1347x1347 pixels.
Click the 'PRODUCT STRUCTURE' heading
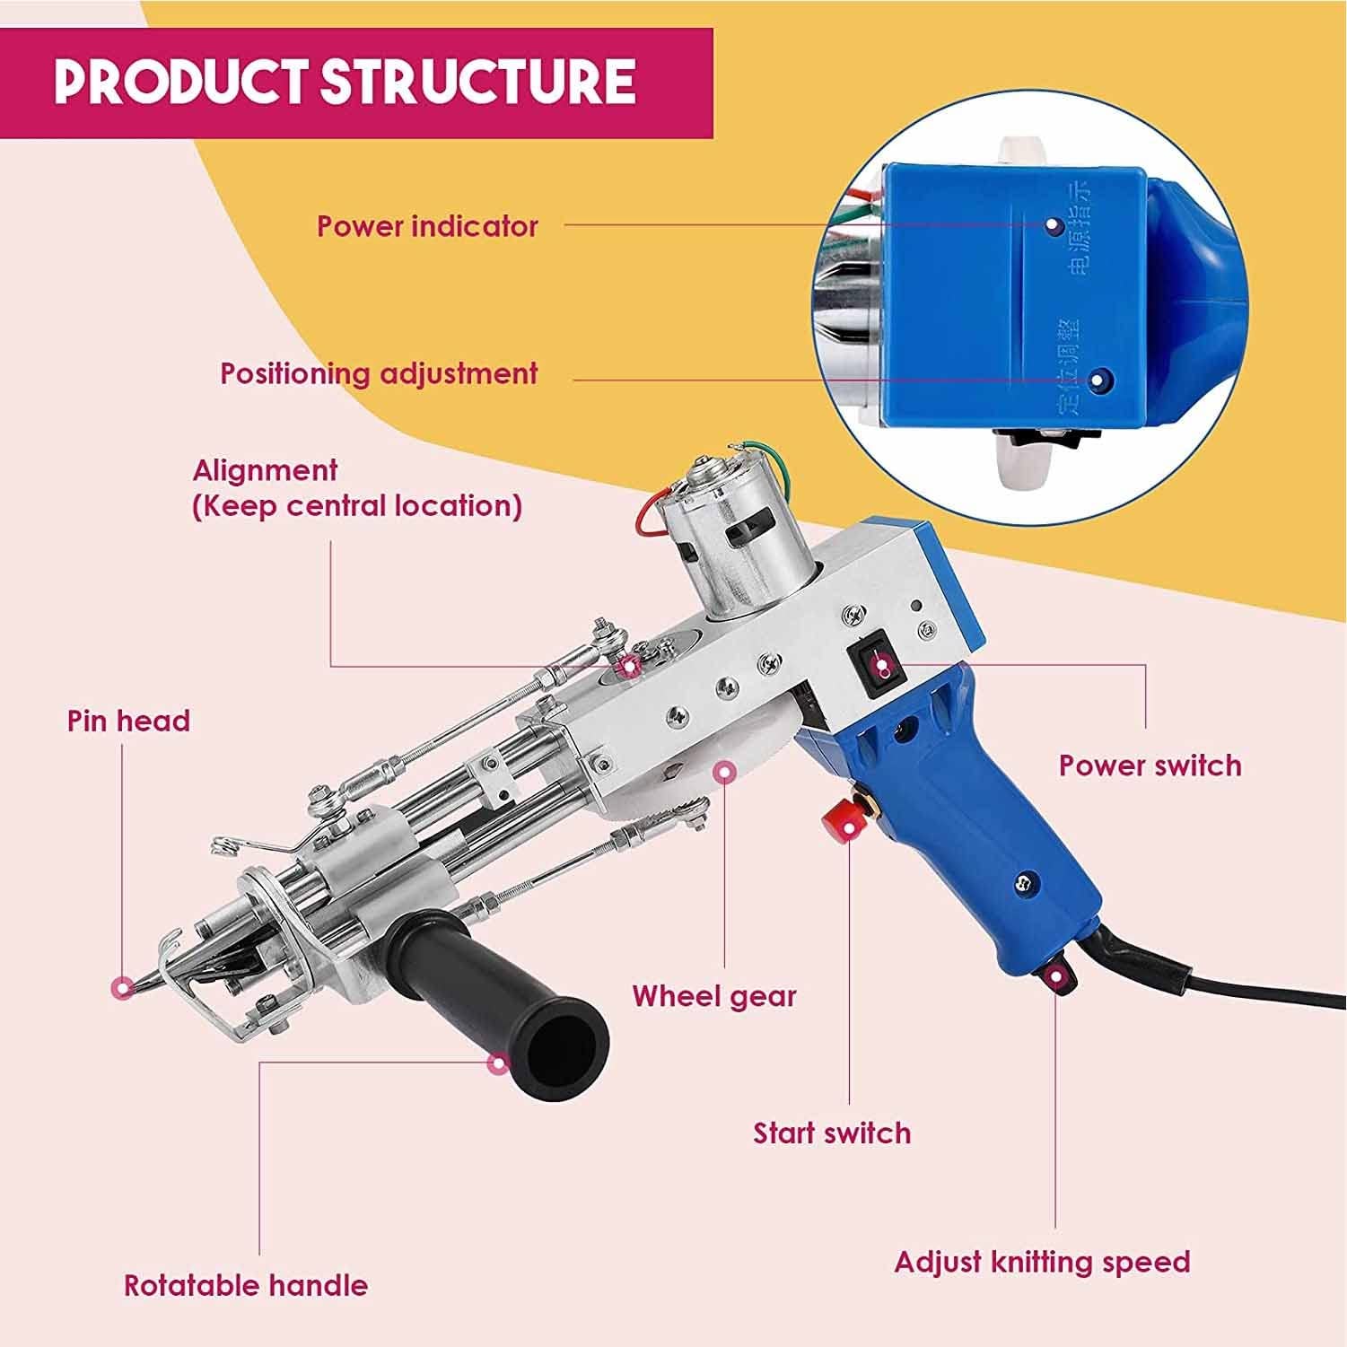(345, 81)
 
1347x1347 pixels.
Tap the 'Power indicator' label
(427, 226)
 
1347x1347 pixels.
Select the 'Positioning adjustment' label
(379, 372)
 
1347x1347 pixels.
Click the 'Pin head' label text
(128, 721)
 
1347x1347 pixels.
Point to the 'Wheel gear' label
(714, 996)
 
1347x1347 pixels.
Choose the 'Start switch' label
(832, 1133)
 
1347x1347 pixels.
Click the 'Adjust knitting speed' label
(1042, 1262)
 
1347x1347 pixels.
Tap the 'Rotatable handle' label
(246, 1285)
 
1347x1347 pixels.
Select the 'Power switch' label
(1150, 765)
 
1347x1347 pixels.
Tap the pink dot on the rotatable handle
(496, 1063)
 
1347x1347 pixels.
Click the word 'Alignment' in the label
(265, 470)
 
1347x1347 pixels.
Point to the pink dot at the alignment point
(631, 665)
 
